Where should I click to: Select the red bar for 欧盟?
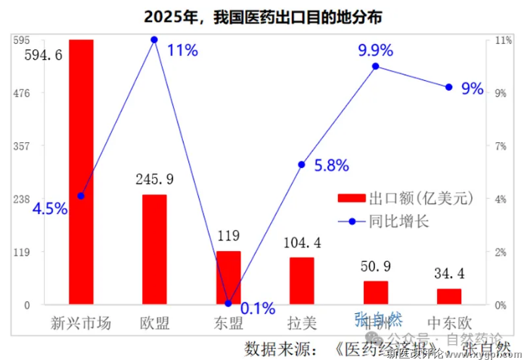[x=154, y=250]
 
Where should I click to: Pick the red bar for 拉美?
[x=302, y=281]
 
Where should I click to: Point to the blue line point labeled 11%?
[x=154, y=39]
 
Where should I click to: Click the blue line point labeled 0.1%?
[x=228, y=303]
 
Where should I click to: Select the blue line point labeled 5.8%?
[x=302, y=164]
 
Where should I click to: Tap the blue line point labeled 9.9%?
[x=375, y=67]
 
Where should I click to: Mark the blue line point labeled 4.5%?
[x=81, y=196]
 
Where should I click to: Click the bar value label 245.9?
[x=154, y=179]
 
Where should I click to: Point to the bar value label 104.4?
[x=302, y=244]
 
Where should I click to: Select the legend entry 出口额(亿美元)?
[x=405, y=198]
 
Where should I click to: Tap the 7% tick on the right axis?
[x=501, y=146]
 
